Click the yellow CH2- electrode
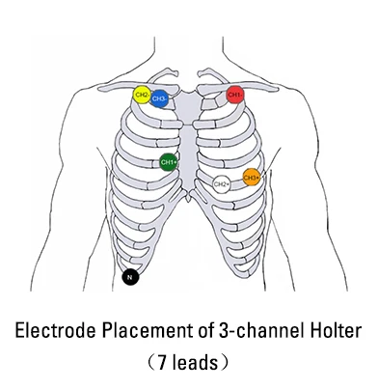[142, 96]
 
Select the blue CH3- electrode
[160, 98]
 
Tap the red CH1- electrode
[235, 95]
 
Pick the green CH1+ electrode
[169, 162]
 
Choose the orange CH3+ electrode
[251, 177]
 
